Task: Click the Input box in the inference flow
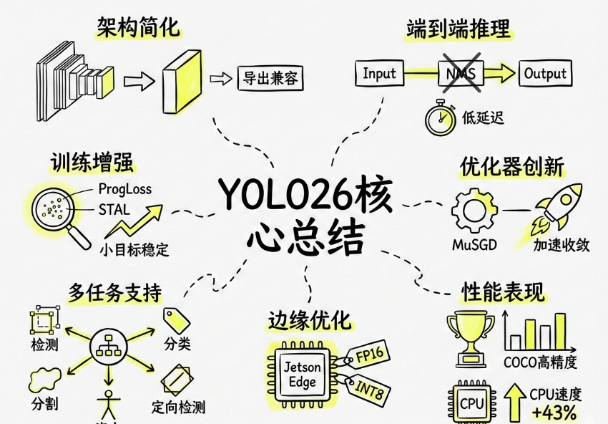(379, 73)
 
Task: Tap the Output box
(545, 73)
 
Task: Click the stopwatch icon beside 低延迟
(441, 119)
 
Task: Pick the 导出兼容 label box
(270, 77)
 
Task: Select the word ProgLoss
(124, 190)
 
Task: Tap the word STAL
(114, 211)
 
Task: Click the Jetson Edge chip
(303, 375)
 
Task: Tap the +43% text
(554, 412)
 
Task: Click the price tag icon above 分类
(176, 319)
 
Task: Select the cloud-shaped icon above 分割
(44, 377)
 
